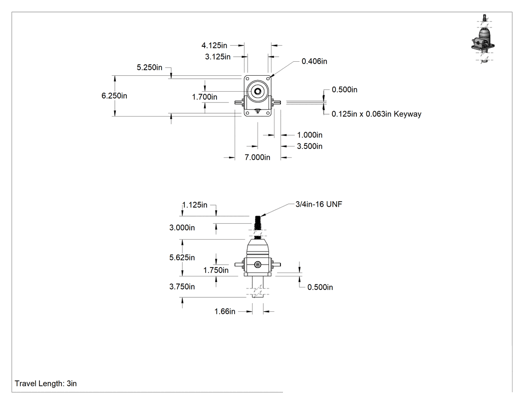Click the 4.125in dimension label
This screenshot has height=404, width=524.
[214, 45]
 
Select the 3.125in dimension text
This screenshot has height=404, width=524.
[218, 57]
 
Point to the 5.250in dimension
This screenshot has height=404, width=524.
[149, 67]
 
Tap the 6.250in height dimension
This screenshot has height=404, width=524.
[114, 96]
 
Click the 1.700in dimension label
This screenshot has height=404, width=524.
[205, 97]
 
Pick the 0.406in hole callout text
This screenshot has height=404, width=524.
[314, 61]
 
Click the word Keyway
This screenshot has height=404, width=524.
[407, 114]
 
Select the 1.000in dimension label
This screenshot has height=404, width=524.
[310, 135]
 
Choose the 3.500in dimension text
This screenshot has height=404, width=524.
[310, 146]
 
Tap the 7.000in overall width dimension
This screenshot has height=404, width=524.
[258, 157]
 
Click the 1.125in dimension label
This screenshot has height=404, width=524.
[195, 205]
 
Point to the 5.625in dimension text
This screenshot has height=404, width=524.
[182, 258]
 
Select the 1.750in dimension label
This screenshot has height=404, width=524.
[216, 270]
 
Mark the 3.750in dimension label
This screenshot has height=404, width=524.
[182, 286]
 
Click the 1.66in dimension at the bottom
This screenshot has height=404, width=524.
[225, 311]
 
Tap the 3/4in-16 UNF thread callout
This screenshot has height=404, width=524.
[319, 204]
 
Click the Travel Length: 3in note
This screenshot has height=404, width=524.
[46, 384]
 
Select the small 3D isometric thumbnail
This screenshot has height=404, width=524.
[484, 39]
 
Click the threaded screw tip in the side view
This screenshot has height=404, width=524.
[258, 221]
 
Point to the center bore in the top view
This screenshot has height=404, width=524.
[258, 91]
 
